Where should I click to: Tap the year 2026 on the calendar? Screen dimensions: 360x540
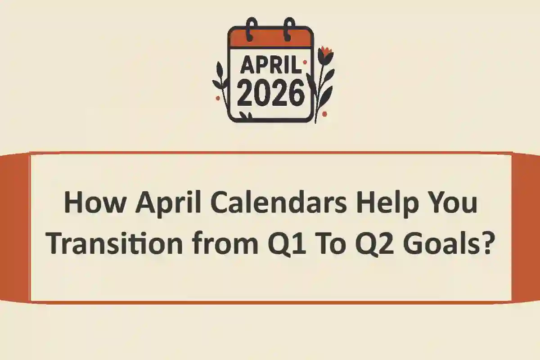270,94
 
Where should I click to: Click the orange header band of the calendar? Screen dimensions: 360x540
270,38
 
